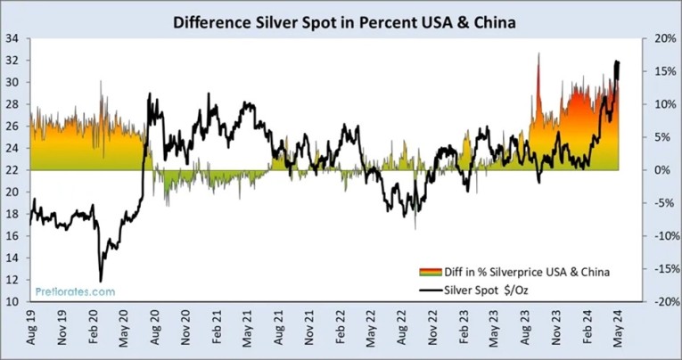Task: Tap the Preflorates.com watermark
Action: click(75, 290)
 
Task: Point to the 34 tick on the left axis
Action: click(14, 38)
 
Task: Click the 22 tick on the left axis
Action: click(14, 170)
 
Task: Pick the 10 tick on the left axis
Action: click(14, 302)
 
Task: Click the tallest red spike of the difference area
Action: click(538, 55)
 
